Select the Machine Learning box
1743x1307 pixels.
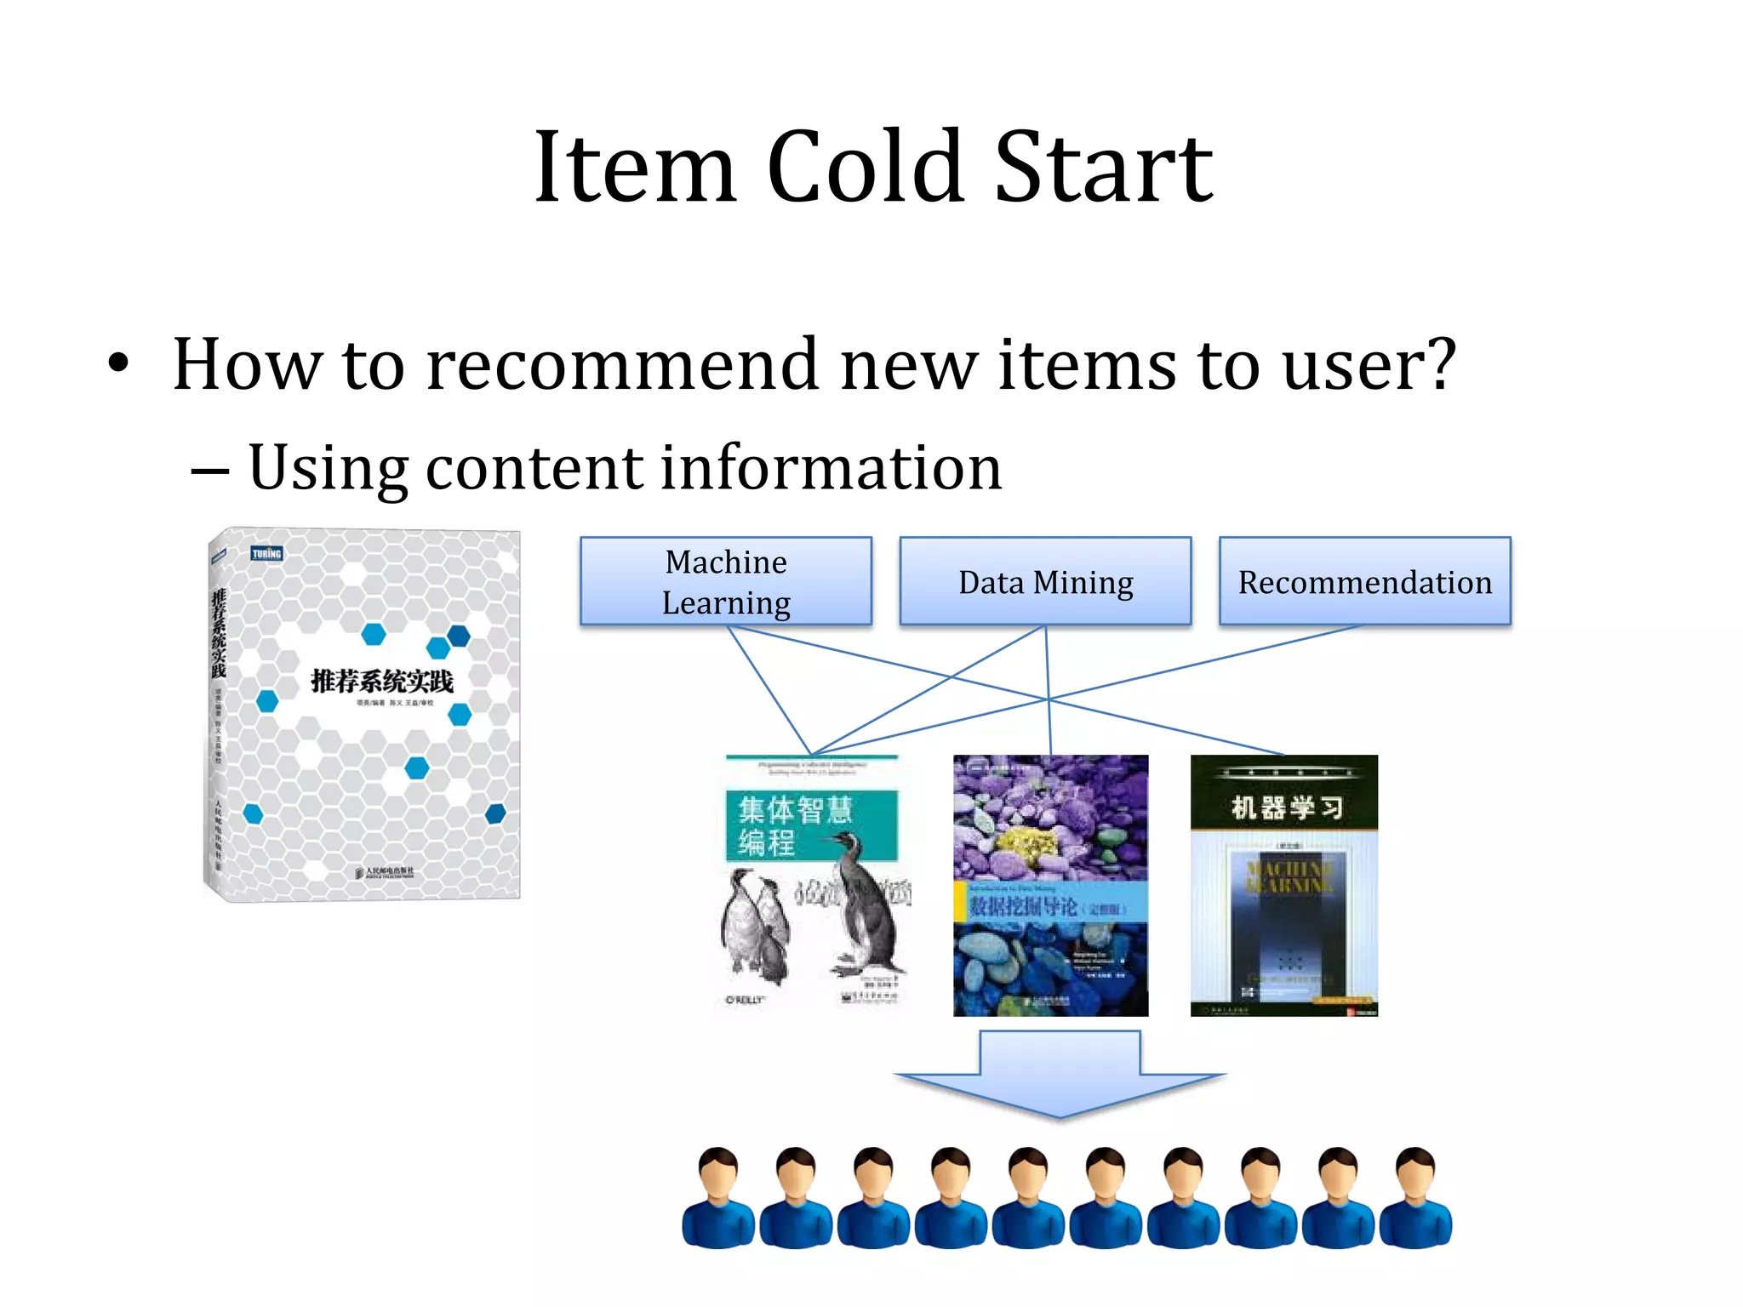[725, 582]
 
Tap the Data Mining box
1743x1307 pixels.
[1045, 582]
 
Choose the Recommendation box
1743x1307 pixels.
[1364, 582]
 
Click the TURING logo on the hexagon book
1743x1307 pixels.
[266, 554]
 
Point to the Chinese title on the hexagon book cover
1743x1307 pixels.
[381, 682]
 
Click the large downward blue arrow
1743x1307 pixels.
[1060, 1075]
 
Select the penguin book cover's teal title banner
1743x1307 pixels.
[810, 825]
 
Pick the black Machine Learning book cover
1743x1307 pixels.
[1283, 886]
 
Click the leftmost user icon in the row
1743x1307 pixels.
[717, 1198]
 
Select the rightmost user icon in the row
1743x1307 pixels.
[1415, 1198]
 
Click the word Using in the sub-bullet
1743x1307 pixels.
[327, 468]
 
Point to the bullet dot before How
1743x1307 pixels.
[118, 365]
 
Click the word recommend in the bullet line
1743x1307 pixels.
[622, 364]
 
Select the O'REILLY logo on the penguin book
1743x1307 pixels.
[745, 1000]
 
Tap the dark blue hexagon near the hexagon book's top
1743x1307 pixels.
[459, 635]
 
